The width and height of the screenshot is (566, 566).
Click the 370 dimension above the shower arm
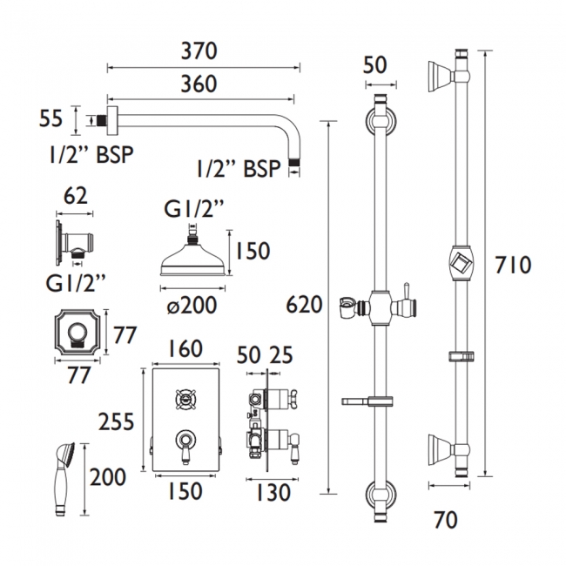click(x=200, y=51)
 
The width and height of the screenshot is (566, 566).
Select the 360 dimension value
click(x=200, y=84)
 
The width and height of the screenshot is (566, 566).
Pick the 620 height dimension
click(x=304, y=305)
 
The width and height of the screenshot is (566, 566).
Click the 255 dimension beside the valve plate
click(x=115, y=421)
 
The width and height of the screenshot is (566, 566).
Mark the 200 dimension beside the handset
click(x=108, y=477)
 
